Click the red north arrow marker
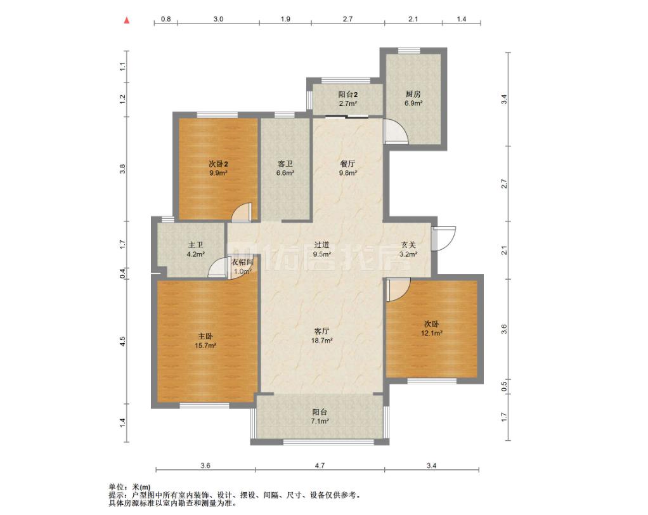(127, 20)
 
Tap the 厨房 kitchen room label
(413, 94)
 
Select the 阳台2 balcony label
(347, 95)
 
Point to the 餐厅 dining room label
(347, 164)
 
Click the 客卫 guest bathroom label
(285, 164)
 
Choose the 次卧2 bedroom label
(219, 164)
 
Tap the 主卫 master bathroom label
(195, 245)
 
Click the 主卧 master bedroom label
(205, 336)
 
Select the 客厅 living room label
(322, 331)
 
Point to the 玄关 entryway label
(408, 245)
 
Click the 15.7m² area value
(205, 346)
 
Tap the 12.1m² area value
(432, 333)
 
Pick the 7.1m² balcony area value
(320, 421)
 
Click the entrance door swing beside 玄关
(444, 238)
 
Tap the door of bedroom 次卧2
(242, 212)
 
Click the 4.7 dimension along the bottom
(320, 466)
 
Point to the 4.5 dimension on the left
(122, 341)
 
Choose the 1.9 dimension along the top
(285, 18)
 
